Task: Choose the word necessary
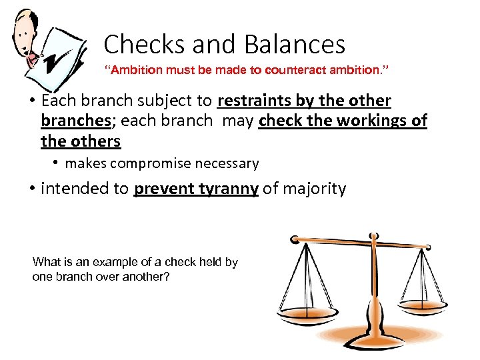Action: pos(227,163)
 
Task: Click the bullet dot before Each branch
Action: pos(31,101)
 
